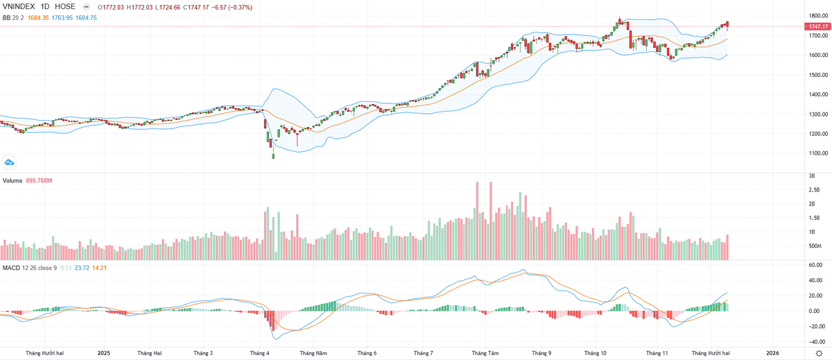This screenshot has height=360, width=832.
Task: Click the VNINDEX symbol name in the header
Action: click(19, 6)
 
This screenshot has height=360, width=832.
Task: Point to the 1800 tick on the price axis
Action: click(815, 15)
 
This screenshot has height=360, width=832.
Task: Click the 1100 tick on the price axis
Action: click(815, 153)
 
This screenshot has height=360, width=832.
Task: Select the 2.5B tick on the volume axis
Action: click(814, 189)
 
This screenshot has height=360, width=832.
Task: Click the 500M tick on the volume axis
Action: click(815, 246)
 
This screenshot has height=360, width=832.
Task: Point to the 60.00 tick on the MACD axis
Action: click(815, 265)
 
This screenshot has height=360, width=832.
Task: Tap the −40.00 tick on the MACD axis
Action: click(815, 341)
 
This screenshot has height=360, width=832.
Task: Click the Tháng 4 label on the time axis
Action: click(260, 353)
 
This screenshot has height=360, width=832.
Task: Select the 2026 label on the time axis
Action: click(773, 353)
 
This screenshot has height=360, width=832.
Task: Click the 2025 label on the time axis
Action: click(103, 353)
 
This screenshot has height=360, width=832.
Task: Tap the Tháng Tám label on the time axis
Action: click(484, 353)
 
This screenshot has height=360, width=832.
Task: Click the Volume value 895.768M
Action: click(40, 181)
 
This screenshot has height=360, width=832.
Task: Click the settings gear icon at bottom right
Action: click(818, 353)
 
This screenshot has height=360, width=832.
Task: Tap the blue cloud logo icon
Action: click(10, 163)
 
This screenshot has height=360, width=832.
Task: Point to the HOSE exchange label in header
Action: click(64, 6)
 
